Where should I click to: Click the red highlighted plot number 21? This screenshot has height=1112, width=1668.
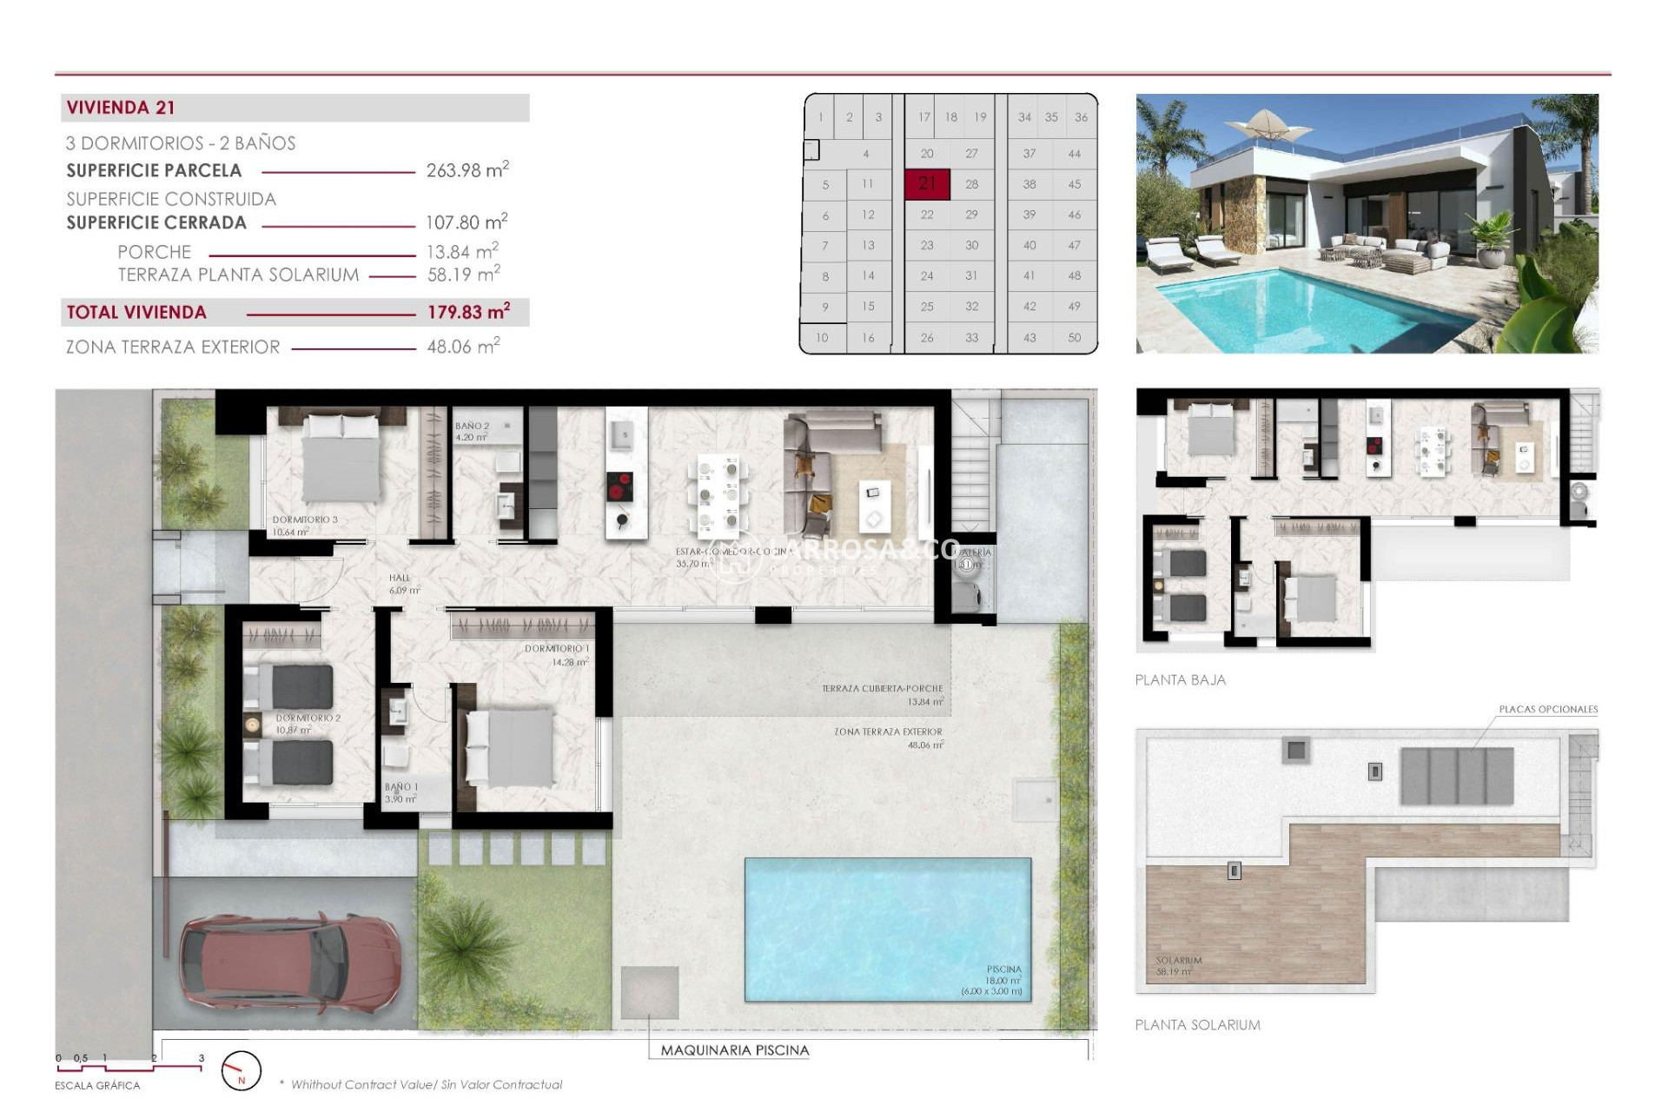927,183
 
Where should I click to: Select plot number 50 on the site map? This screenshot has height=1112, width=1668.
1075,337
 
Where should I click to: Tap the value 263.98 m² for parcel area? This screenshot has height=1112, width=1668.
467,170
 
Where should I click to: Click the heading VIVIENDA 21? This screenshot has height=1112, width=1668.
121,108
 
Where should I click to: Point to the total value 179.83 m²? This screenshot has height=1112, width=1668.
468,312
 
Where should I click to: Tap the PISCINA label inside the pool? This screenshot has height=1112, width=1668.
1003,969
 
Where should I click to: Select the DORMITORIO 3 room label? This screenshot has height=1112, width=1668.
305,520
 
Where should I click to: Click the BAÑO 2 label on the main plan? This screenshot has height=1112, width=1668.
472,426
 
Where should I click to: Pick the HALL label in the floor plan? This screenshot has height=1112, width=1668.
400,578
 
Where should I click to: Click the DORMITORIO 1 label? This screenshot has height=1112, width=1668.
557,649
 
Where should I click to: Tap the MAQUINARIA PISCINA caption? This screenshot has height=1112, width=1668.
735,1050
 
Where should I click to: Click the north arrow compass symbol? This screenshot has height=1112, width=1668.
241,1071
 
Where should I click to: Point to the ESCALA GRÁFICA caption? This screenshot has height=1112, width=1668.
97,1086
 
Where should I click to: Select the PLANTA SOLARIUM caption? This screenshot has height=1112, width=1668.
1197,1025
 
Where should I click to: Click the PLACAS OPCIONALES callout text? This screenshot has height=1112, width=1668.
1548,710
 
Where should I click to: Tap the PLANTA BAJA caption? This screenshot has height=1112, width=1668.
1180,680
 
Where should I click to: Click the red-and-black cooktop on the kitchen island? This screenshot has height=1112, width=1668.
619,486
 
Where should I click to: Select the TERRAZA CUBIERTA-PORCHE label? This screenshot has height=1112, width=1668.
882,688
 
